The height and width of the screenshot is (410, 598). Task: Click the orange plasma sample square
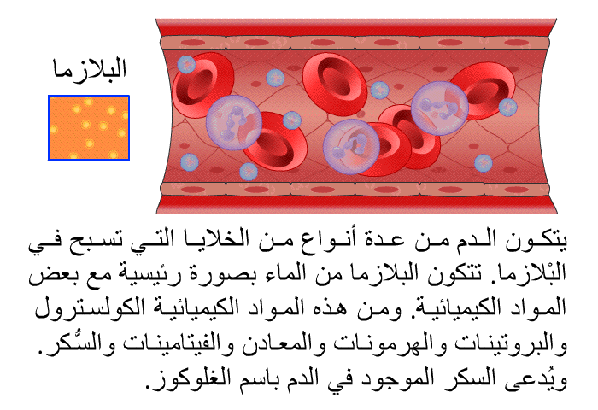point(89,128)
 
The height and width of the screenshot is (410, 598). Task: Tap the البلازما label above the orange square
point(89,69)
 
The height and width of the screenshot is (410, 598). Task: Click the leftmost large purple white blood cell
point(234,122)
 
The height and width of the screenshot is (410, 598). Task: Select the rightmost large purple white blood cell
point(439,108)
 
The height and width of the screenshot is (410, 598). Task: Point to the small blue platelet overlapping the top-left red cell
point(186,65)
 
